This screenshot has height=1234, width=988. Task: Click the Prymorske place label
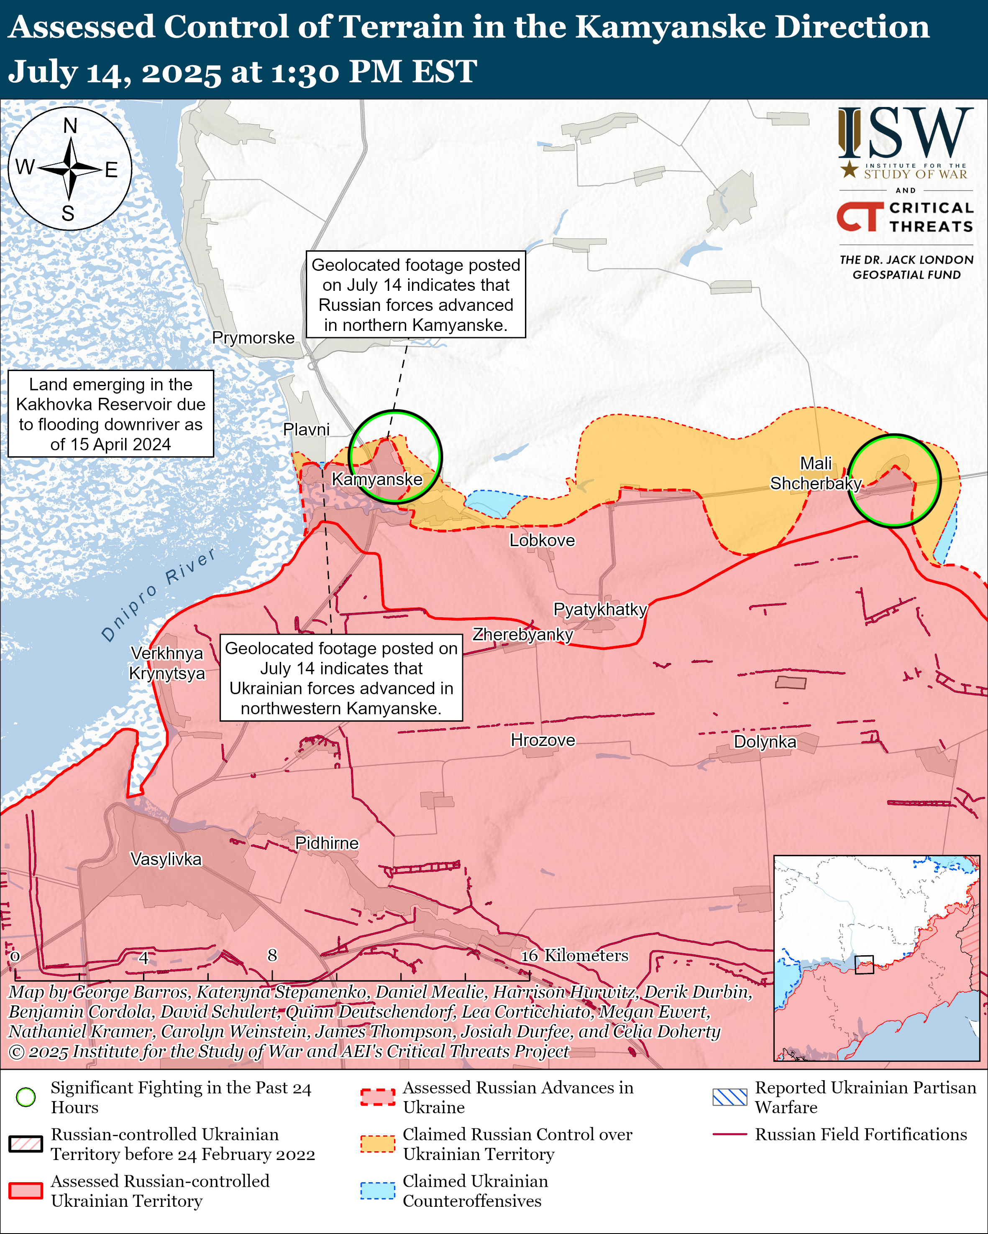(253, 338)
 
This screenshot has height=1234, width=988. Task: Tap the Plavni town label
(307, 429)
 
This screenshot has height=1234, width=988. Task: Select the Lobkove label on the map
(542, 540)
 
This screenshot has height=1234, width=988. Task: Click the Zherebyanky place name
(522, 634)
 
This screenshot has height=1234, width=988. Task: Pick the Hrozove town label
(543, 740)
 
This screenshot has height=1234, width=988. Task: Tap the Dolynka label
(765, 742)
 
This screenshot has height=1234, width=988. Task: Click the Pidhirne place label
(326, 843)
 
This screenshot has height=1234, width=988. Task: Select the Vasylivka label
(166, 859)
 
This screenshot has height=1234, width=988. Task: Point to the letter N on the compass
(70, 125)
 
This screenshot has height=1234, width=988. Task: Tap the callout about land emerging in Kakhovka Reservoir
(110, 414)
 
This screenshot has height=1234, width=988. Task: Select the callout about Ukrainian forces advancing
(341, 678)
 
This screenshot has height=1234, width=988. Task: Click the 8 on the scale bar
(272, 955)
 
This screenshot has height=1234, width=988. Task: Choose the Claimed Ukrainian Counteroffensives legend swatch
(377, 1191)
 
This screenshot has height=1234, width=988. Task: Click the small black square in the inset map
(864, 964)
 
